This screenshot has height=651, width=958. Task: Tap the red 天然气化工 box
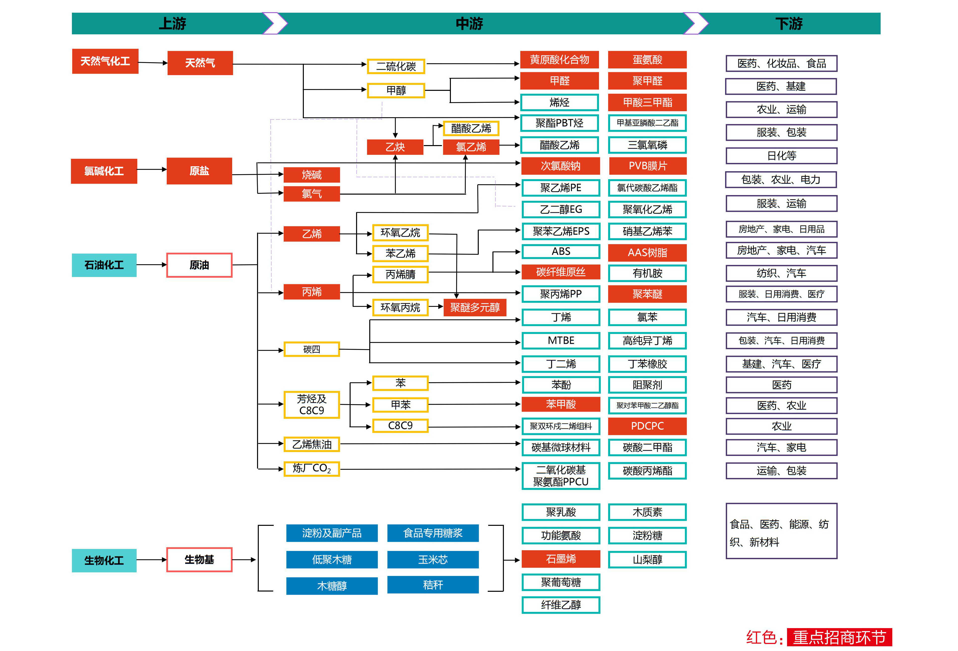(105, 61)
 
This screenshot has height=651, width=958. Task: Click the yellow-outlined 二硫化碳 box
(396, 66)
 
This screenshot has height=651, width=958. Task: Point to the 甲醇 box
(396, 90)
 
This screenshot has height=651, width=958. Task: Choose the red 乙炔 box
(395, 147)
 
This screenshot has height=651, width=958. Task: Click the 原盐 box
(199, 171)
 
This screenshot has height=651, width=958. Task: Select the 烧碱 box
(312, 175)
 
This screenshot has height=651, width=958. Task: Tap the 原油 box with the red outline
(199, 265)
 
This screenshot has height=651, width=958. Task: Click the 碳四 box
(312, 349)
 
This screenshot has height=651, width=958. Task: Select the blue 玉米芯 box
(433, 559)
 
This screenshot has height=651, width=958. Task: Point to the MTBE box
(561, 340)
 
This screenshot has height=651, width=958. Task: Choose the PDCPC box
(647, 426)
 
